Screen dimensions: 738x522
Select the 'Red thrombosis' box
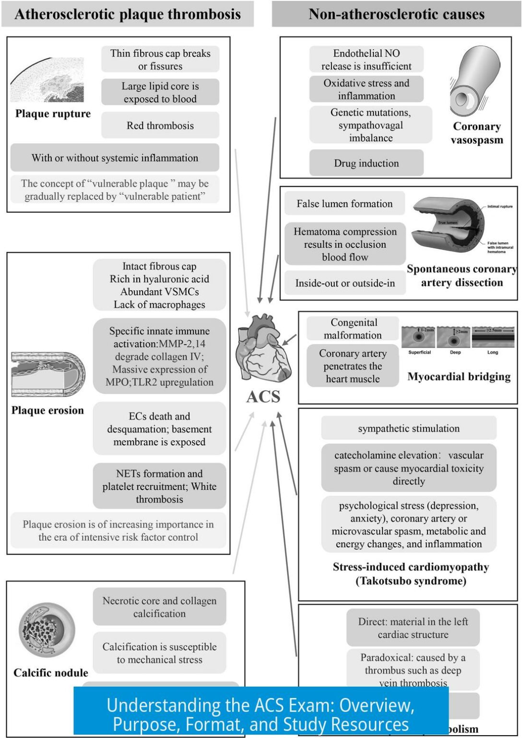(160, 125)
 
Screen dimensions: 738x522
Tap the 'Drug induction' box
(366, 163)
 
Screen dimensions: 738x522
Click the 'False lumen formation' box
(344, 203)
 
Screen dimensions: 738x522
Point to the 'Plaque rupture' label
(53, 114)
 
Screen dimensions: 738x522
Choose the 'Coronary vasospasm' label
(477, 133)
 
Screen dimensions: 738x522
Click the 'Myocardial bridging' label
(459, 377)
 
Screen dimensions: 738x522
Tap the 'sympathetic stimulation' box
(408, 428)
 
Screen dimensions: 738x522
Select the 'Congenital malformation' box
(353, 329)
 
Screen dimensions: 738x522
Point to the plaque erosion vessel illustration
(48, 374)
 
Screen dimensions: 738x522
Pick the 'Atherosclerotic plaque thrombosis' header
(128, 14)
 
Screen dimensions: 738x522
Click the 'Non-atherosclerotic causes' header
(396, 14)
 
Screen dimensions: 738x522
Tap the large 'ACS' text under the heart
(263, 397)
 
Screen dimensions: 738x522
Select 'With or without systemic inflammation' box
(115, 158)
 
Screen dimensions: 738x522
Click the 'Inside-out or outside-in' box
(345, 283)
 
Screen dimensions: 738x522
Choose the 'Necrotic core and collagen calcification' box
(159, 607)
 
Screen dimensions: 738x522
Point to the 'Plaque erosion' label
(47, 410)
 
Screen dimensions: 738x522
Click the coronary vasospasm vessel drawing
(474, 82)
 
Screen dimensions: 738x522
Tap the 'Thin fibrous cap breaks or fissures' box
(160, 60)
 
